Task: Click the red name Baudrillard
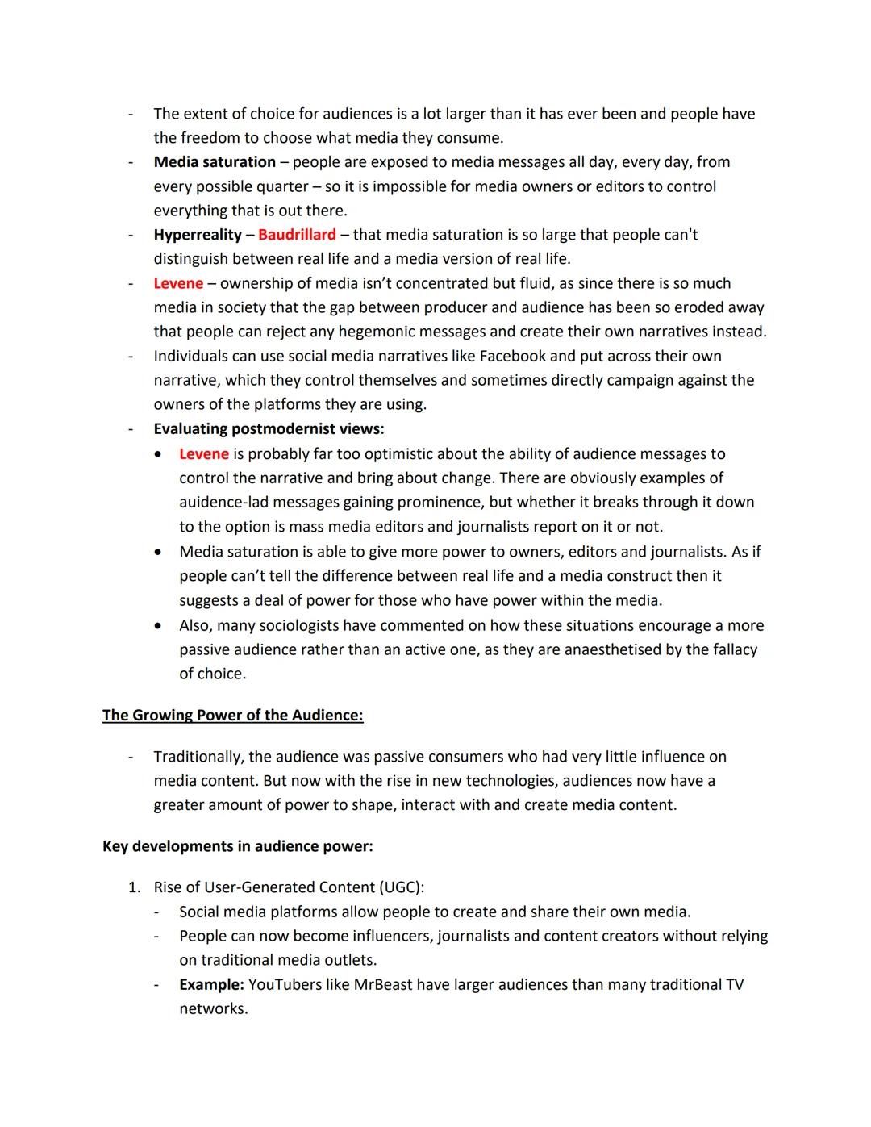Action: pyautogui.click(x=297, y=235)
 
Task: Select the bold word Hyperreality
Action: pyautogui.click(x=198, y=235)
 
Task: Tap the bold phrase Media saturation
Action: pyautogui.click(x=215, y=162)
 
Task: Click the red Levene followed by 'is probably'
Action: pyautogui.click(x=204, y=454)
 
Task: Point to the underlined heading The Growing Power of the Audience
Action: pyautogui.click(x=232, y=716)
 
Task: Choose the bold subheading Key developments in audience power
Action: pyautogui.click(x=237, y=846)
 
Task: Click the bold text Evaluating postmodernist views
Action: pyautogui.click(x=269, y=429)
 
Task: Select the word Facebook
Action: pyautogui.click(x=512, y=357)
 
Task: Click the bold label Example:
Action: pyautogui.click(x=211, y=985)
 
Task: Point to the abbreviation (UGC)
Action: pyautogui.click(x=400, y=887)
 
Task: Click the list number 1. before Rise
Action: pyautogui.click(x=135, y=887)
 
